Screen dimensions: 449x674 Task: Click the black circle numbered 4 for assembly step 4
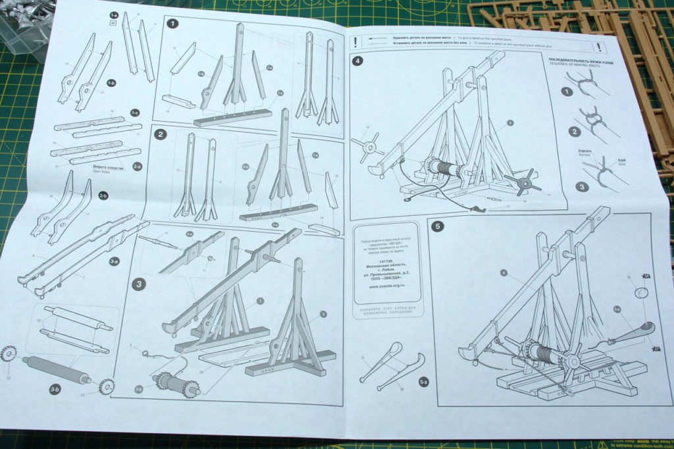[x=357, y=61]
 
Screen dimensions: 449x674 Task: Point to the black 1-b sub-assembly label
[x=112, y=83]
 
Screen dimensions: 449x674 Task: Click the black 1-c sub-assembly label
[x=135, y=113]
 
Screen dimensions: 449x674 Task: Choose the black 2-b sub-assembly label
[x=103, y=196]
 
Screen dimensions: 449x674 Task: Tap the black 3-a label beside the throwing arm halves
[x=114, y=261]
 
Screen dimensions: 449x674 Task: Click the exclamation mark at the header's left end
[x=356, y=40]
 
